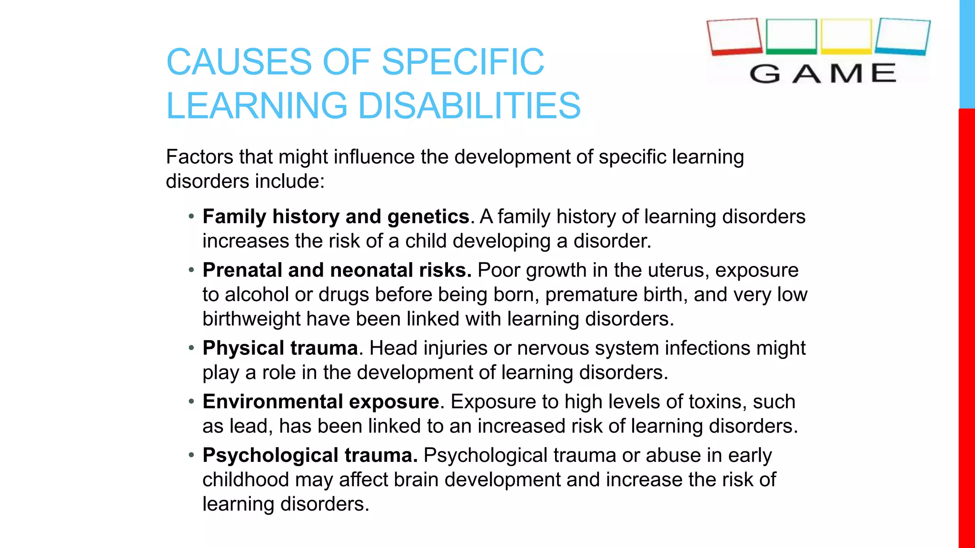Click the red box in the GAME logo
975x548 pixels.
point(735,37)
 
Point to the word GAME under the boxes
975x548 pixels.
point(823,74)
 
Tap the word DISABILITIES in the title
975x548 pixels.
point(469,106)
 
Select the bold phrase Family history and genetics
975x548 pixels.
point(336,217)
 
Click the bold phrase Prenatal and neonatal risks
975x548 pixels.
point(337,270)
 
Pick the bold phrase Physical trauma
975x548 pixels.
point(280,348)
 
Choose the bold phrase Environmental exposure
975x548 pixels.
point(320,402)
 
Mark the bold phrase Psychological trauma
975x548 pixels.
point(310,456)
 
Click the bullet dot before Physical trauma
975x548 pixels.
point(191,348)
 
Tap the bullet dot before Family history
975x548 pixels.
point(191,217)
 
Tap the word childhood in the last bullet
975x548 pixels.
point(245,479)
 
